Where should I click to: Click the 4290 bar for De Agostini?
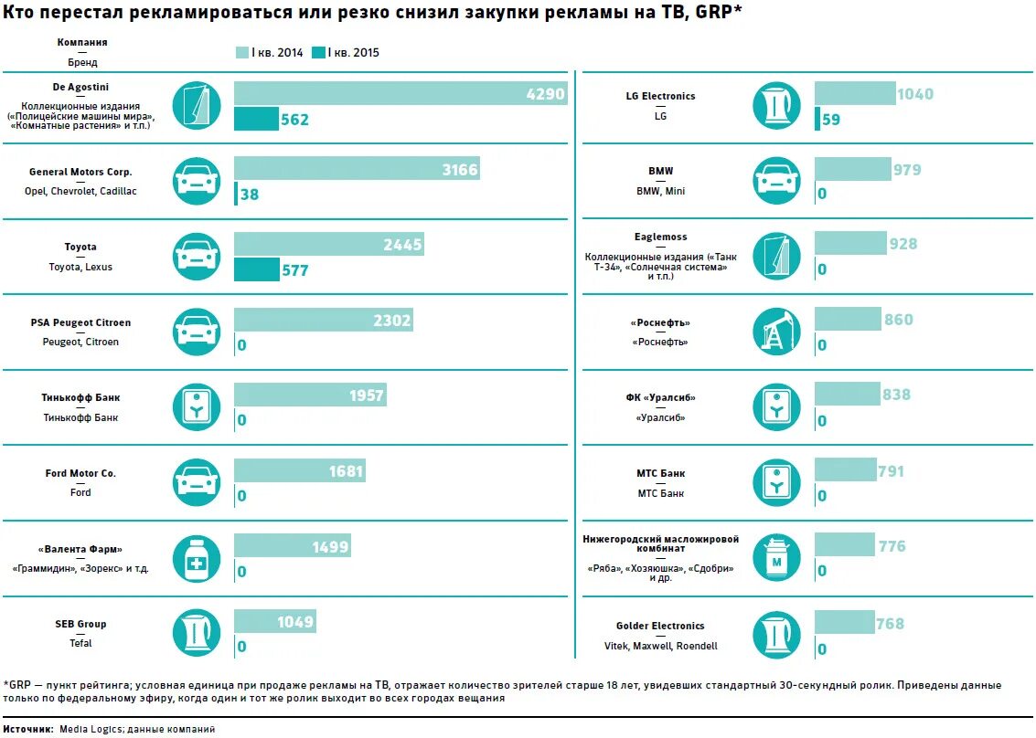[400, 93]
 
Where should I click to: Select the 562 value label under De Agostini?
[295, 120]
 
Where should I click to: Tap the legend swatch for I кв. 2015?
[319, 52]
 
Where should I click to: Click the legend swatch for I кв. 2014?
[242, 52]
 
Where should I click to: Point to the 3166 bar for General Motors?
[357, 168]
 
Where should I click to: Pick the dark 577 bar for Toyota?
[257, 269]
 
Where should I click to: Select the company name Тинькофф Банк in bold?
[80, 398]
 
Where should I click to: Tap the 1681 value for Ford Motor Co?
[347, 472]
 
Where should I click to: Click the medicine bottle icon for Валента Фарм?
[197, 558]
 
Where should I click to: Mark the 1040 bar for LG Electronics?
[855, 93]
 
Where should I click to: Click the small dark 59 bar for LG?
[817, 119]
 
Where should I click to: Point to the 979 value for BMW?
[908, 170]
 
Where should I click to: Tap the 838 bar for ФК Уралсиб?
[848, 394]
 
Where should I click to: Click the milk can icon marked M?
[776, 558]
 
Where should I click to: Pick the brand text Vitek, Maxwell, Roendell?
[661, 646]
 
